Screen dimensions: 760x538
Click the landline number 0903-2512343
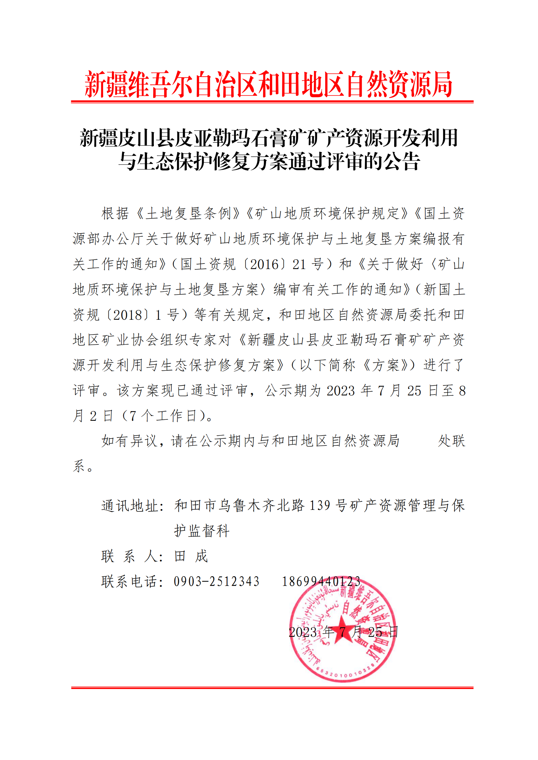pyautogui.click(x=217, y=581)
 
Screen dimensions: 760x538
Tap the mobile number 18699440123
pyautogui.click(x=321, y=581)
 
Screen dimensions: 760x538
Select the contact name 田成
pyautogui.click(x=191, y=556)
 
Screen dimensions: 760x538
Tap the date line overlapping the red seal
pyautogui.click(x=343, y=632)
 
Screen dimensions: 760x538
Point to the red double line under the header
pyautogui.click(x=272, y=102)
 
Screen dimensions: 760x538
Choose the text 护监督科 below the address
pyautogui.click(x=202, y=531)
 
